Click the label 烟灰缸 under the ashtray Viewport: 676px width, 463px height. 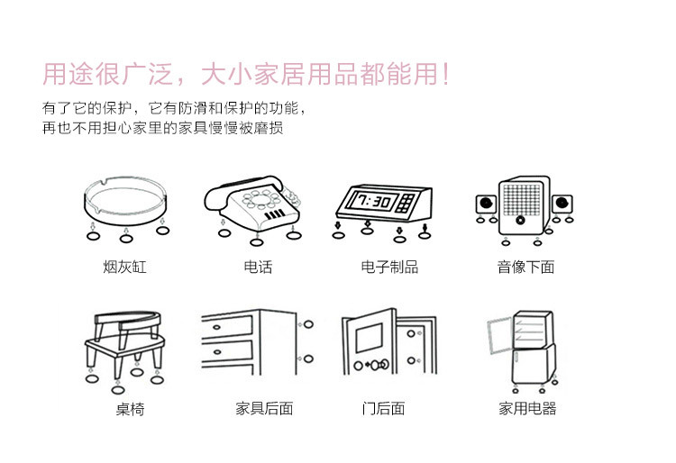pyautogui.click(x=124, y=267)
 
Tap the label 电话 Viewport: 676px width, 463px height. pyautogui.click(x=258, y=267)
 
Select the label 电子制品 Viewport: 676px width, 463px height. pyautogui.click(x=389, y=267)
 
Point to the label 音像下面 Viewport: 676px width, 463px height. pyautogui.click(x=525, y=267)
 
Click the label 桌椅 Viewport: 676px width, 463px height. pyautogui.click(x=130, y=408)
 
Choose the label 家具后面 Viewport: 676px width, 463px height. pyautogui.click(x=264, y=408)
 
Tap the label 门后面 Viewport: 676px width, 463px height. pyautogui.click(x=383, y=408)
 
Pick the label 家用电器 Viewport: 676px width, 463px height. pyautogui.click(x=527, y=408)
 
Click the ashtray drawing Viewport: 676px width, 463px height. pyautogui.click(x=125, y=199)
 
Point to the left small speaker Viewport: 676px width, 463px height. pyautogui.click(x=487, y=204)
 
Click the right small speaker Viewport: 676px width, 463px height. pyautogui.click(x=562, y=204)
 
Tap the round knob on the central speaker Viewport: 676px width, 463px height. pyautogui.click(x=520, y=220)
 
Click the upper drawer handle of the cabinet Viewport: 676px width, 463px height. pyautogui.click(x=217, y=327)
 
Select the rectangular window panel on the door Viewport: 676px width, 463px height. pyautogui.click(x=369, y=338)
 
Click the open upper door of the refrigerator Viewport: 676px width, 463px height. pyautogui.click(x=499, y=335)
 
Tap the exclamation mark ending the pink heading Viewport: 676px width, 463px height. pyautogui.click(x=446, y=74)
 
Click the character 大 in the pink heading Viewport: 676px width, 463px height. pyautogui.click(x=214, y=74)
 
